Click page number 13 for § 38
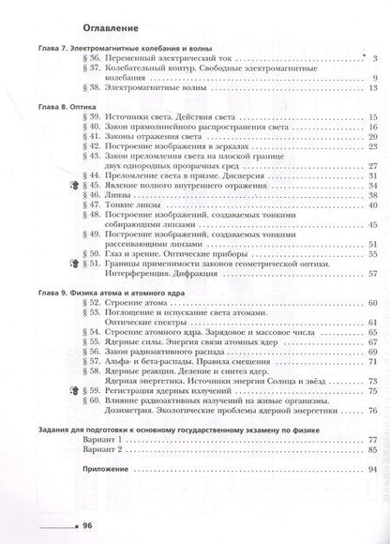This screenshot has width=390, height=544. (x=372, y=87)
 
